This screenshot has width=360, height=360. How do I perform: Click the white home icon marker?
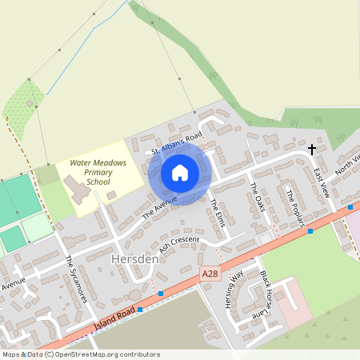coord(180,173)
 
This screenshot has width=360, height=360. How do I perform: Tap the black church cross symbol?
coord(312,149)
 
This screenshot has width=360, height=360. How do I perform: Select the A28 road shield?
coord(210,274)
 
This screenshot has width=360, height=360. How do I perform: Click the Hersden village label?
coord(130,261)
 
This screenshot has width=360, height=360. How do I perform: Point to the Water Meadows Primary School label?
coord(98,171)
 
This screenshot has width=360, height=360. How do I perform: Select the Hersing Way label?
coord(237,288)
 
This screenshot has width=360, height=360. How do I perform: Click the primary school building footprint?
coord(78,190)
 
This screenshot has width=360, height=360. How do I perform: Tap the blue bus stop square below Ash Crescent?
coord(161,294)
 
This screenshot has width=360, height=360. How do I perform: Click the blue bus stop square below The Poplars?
coord(310,231)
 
